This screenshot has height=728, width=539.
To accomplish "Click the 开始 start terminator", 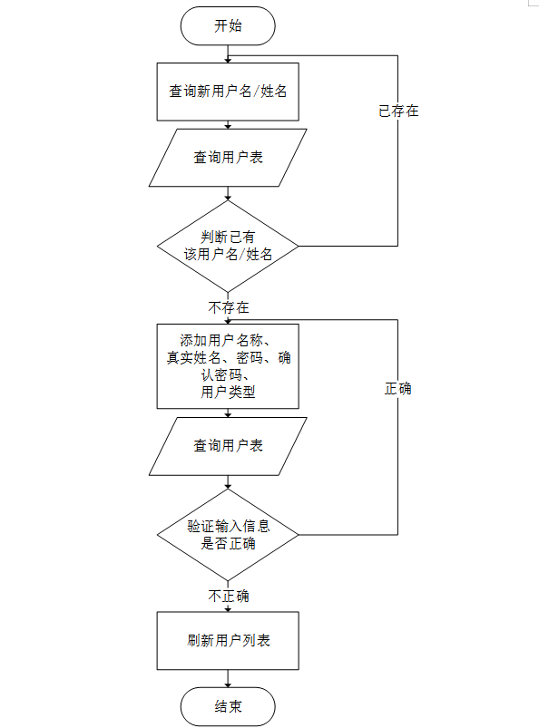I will pyautogui.click(x=228, y=25).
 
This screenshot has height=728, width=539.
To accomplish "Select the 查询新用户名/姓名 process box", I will pyautogui.click(x=228, y=91).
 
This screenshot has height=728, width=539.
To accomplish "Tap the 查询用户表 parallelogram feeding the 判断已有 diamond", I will pyautogui.click(x=228, y=157).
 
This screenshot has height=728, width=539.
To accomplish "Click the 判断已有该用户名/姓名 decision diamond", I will pyautogui.click(x=228, y=246).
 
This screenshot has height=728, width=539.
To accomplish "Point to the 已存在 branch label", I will pyautogui.click(x=398, y=112).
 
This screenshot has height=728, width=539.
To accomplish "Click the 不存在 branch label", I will pyautogui.click(x=229, y=307).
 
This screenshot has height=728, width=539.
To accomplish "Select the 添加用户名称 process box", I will pyautogui.click(x=228, y=366).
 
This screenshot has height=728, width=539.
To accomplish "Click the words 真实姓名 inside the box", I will pyautogui.click(x=191, y=358).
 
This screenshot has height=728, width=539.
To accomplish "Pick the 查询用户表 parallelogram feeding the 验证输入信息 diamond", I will pyautogui.click(x=228, y=445).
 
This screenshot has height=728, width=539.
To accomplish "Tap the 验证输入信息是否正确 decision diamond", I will pyautogui.click(x=228, y=534).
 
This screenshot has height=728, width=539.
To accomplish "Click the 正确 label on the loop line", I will pyautogui.click(x=398, y=388).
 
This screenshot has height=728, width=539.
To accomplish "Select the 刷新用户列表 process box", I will pyautogui.click(x=228, y=640).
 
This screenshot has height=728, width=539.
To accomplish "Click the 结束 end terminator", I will pyautogui.click(x=228, y=706).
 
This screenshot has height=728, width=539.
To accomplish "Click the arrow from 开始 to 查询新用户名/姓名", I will pyautogui.click(x=228, y=53).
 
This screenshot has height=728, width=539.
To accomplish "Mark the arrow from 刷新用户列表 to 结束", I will pyautogui.click(x=228, y=678).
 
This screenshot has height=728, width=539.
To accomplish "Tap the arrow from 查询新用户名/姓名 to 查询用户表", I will pyautogui.click(x=228, y=124).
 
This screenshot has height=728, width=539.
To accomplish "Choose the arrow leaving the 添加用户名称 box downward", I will pyautogui.click(x=228, y=413).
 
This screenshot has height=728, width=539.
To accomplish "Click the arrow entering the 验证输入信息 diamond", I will pyautogui.click(x=228, y=482).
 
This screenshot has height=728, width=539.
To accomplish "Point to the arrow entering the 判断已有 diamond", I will pyautogui.click(x=228, y=194).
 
